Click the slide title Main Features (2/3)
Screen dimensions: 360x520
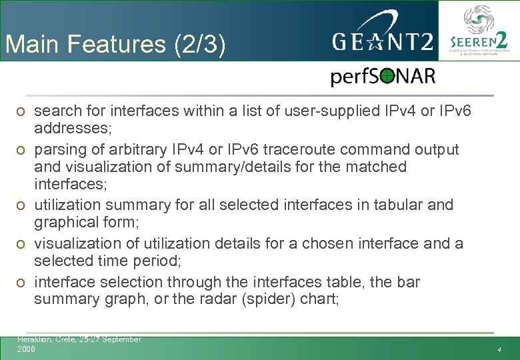[x=115, y=45]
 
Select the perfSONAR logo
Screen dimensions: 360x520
[x=383, y=77]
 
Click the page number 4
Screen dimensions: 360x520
[x=498, y=350]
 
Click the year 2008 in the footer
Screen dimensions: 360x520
[x=27, y=349]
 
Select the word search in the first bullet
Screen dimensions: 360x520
[x=58, y=110]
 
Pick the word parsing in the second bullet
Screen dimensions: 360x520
[x=61, y=149]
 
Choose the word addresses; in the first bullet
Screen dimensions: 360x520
[x=69, y=127]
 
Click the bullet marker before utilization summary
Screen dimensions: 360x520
[x=21, y=205]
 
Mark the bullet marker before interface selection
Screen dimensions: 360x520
[x=21, y=283]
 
